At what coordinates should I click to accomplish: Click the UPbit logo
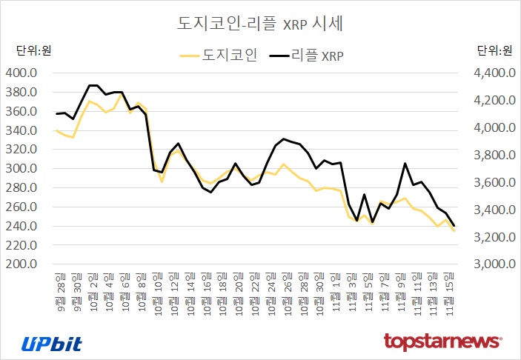point(51,343)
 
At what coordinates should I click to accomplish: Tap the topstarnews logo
point(442,342)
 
